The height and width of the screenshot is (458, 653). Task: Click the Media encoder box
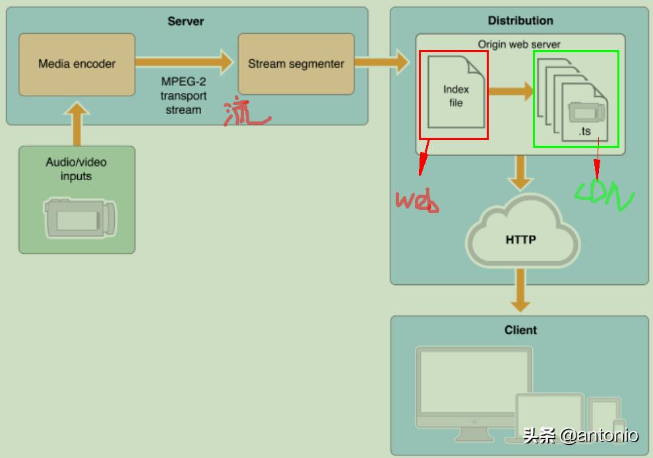coord(77,64)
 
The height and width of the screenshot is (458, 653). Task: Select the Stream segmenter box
coord(295,64)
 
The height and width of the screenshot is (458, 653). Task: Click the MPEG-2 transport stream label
coord(183,96)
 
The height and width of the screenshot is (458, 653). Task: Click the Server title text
coord(185,21)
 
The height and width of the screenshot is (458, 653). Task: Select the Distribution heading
coord(520,20)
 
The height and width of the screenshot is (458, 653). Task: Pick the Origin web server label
coord(519,44)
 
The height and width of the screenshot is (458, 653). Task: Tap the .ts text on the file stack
coord(584,131)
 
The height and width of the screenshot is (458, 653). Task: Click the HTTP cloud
coord(521,239)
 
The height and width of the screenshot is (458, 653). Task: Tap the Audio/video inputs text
coord(77,169)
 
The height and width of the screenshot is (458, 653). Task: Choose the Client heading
coord(520,330)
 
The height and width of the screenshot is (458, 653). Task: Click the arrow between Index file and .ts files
coord(511,91)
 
